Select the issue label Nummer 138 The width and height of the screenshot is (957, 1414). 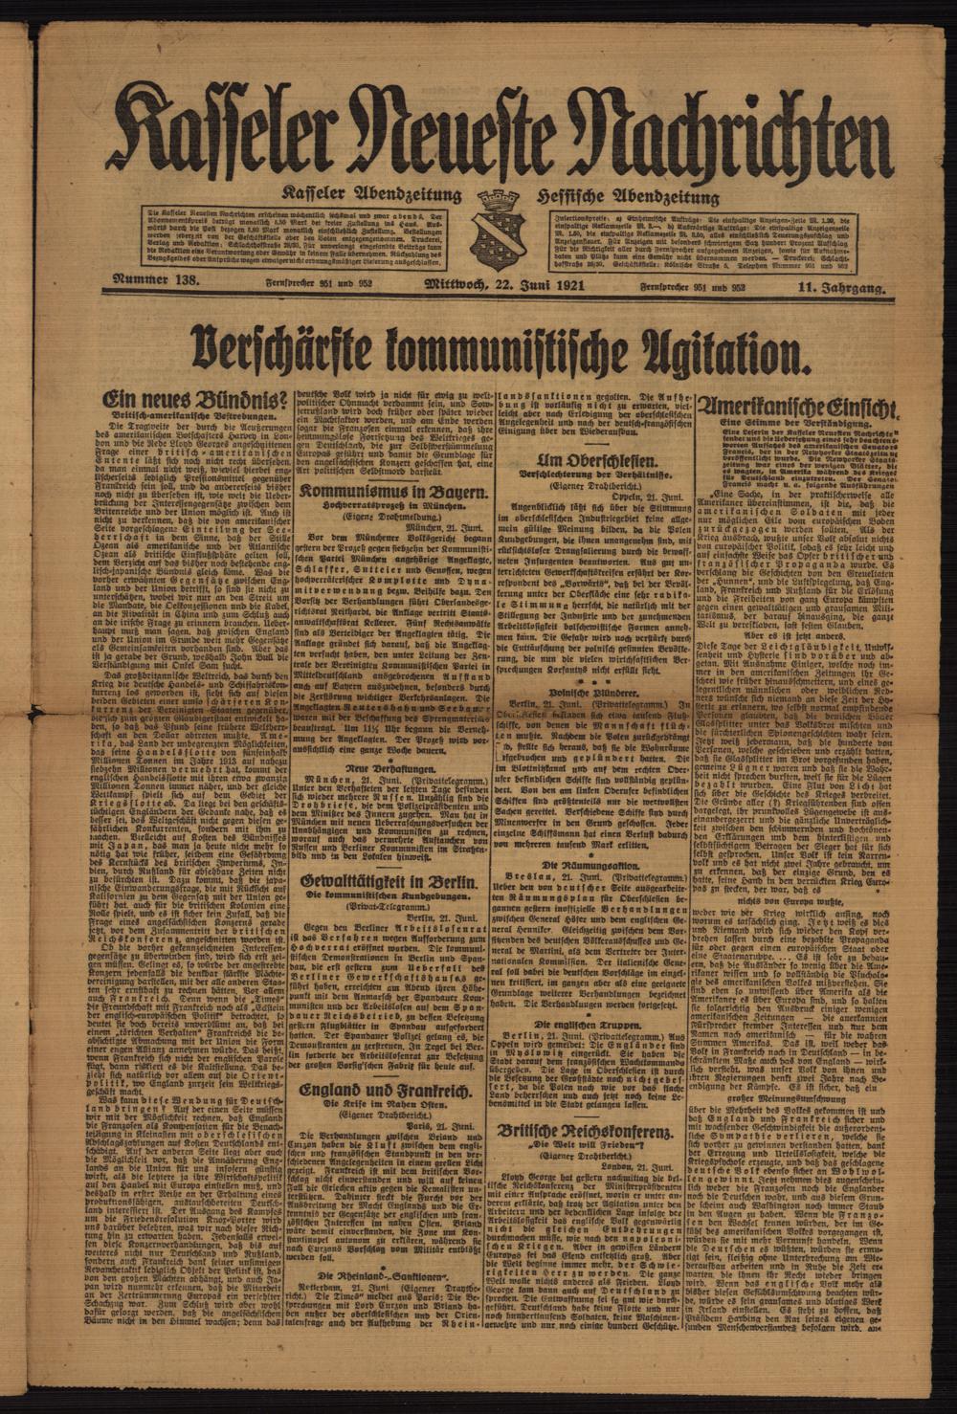pos(156,282)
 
